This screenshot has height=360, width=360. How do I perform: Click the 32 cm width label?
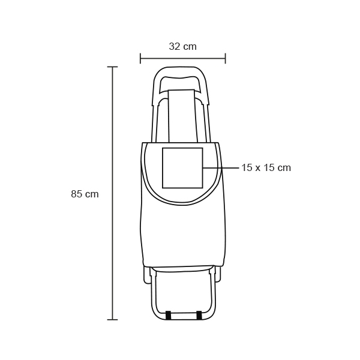(x=183, y=47)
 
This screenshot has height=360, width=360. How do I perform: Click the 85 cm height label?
(x=85, y=194)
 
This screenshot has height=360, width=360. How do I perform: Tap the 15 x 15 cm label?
(x=266, y=167)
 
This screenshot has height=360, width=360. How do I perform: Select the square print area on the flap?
(x=182, y=168)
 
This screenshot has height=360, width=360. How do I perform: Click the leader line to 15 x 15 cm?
(x=221, y=168)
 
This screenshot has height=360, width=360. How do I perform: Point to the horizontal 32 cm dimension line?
(x=183, y=58)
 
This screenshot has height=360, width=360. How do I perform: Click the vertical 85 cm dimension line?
(x=113, y=193)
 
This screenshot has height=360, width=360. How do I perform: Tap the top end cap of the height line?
(x=113, y=67)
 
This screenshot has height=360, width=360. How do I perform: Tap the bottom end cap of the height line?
(x=113, y=319)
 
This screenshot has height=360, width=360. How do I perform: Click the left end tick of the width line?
(x=140, y=58)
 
